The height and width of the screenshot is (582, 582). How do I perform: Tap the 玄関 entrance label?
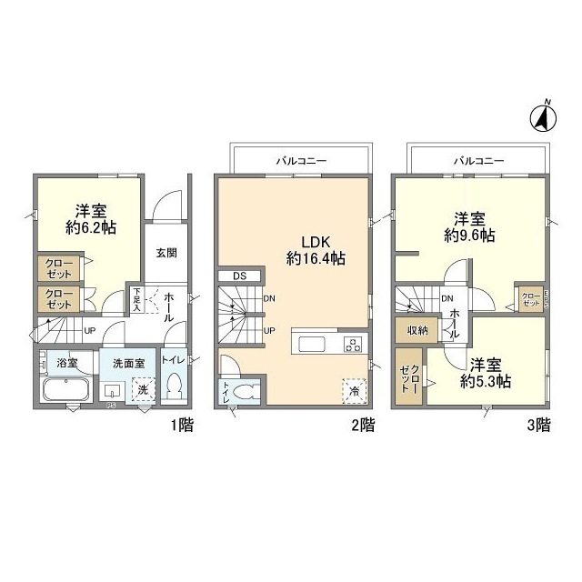coord(166,254)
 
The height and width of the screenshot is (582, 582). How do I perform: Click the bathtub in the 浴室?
coord(65,391)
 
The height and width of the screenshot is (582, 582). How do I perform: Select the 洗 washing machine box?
coord(143,388)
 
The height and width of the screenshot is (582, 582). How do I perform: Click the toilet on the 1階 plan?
coord(175,385)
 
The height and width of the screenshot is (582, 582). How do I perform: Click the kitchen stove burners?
coord(352,344)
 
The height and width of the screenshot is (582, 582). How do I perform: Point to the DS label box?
coord(239,276)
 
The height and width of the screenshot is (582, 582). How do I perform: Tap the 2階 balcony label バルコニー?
coord(301,160)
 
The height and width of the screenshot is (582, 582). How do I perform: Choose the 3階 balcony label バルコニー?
coord(478,160)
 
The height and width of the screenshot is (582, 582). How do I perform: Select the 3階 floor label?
coord(538,424)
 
